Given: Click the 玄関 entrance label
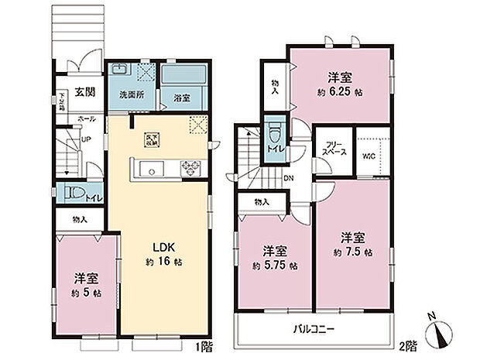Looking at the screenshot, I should pos(84,93).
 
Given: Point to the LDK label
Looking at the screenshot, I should pos(163,248).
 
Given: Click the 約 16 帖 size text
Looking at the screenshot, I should pos(163,263).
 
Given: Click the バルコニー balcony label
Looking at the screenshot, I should pos(314,330).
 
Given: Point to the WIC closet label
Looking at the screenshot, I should pos(369,155).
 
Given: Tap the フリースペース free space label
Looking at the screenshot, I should pos(333,149).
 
